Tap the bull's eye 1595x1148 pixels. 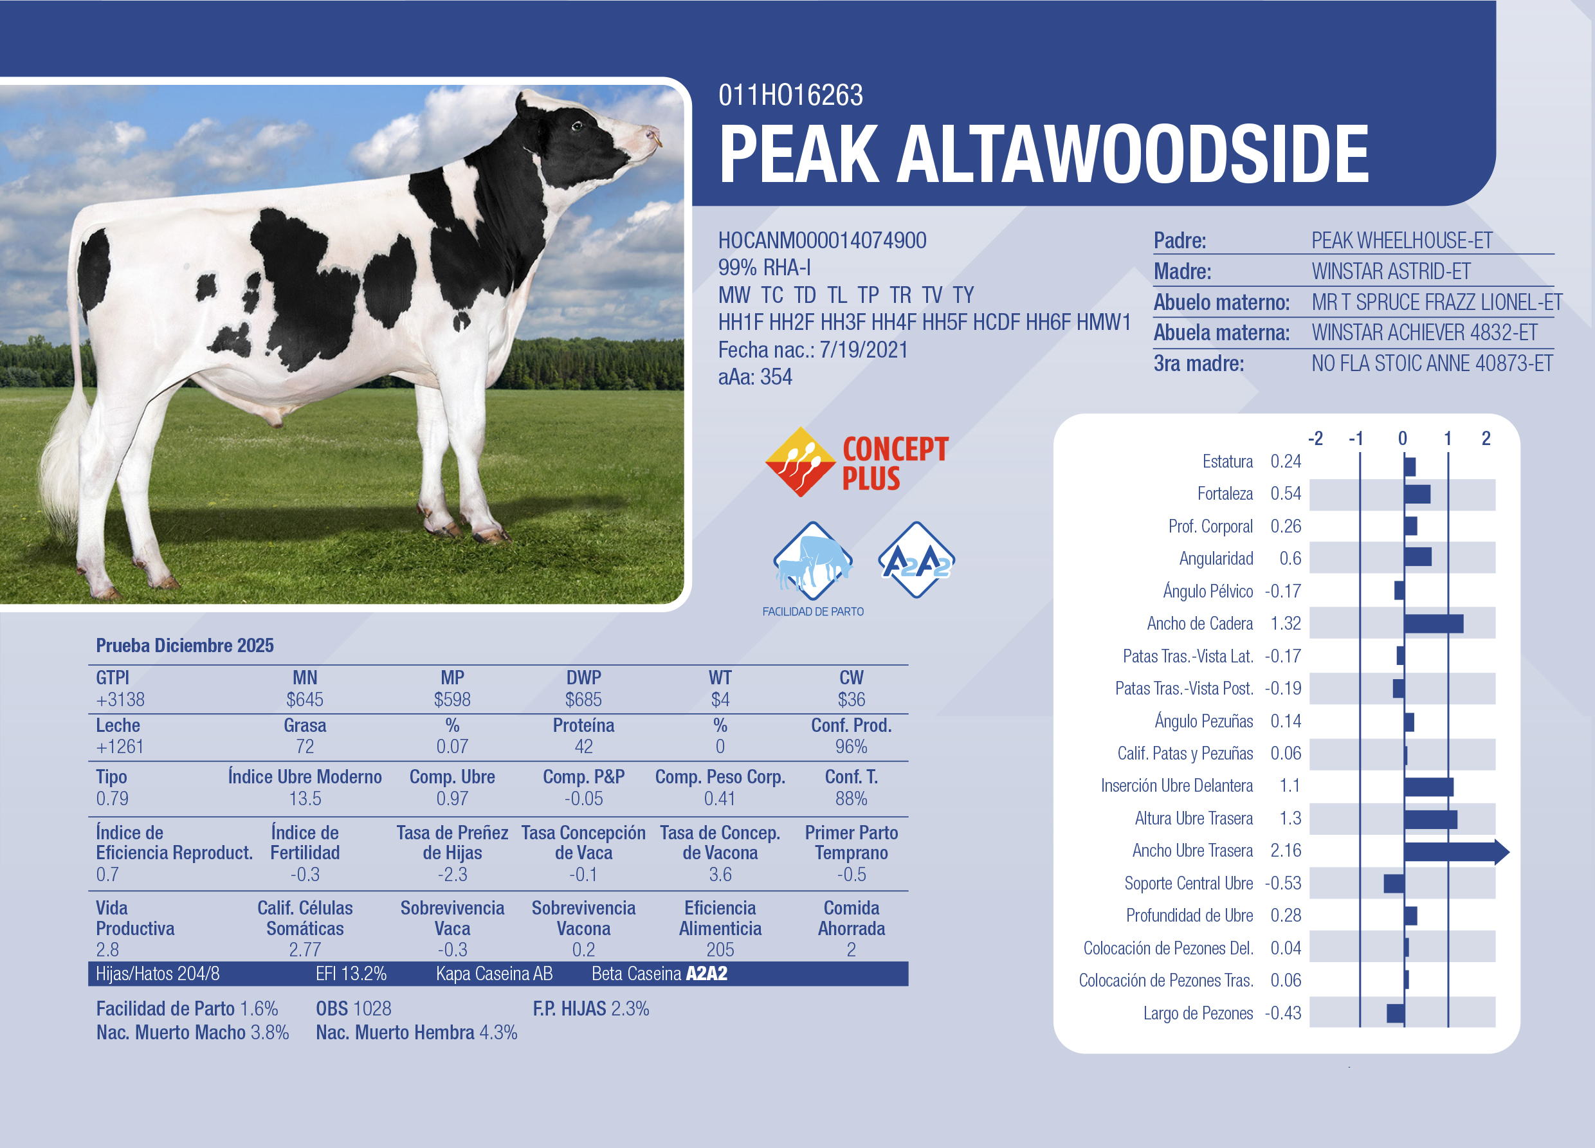pos(577,127)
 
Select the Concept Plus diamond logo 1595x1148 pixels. pos(800,462)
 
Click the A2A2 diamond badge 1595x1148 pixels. pos(916,560)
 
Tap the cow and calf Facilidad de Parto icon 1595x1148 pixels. pos(813,560)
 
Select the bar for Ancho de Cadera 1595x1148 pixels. pos(1434,624)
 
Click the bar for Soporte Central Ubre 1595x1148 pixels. pos(1394,884)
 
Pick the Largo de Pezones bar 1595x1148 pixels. pos(1395,1014)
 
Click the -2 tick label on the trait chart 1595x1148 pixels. pos(1315,439)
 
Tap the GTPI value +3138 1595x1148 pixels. pos(120,700)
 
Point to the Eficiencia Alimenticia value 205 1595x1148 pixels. pos(720,951)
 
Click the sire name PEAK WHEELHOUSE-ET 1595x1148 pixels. pos(1401,241)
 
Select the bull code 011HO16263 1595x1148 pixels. pos(790,96)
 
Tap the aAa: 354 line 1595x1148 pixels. pos(754,377)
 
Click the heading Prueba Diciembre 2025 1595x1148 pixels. pos(185,646)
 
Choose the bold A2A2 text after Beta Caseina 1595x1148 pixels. pos(707,974)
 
